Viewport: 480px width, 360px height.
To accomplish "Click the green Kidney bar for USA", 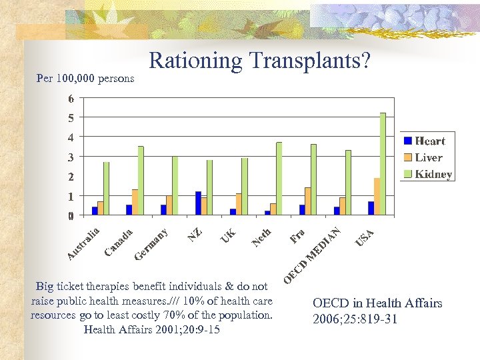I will pyautogui.click(x=383, y=164).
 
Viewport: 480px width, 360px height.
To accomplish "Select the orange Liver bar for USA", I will pyautogui.click(x=377, y=197).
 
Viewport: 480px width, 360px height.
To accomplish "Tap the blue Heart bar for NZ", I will pyautogui.click(x=198, y=203).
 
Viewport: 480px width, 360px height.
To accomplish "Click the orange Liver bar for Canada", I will pyautogui.click(x=135, y=202).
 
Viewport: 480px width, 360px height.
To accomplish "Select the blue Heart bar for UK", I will pyautogui.click(x=233, y=212).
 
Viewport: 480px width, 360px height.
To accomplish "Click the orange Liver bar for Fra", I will pyautogui.click(x=307, y=201).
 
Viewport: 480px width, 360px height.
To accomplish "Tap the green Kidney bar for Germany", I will pyautogui.click(x=175, y=186).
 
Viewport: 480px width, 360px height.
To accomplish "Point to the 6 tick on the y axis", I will pyautogui.click(x=71, y=99).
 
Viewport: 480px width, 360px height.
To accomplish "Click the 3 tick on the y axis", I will pyautogui.click(x=71, y=157).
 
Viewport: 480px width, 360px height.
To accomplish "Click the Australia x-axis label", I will pyautogui.click(x=84, y=244).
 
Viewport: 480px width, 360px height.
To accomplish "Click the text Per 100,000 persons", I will pyautogui.click(x=85, y=79).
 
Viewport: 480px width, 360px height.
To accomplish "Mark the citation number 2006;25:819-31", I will pyautogui.click(x=355, y=319).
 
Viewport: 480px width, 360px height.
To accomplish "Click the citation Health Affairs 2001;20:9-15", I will pyautogui.click(x=151, y=329).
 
